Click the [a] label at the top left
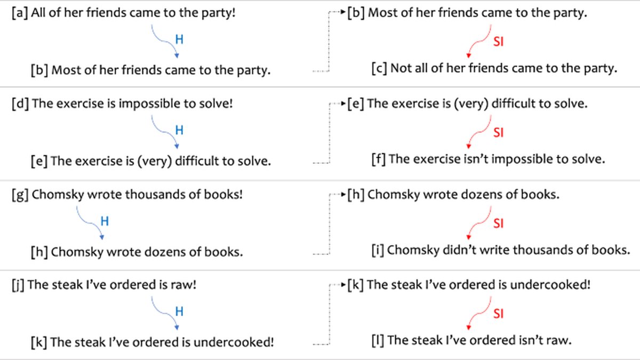point(20,13)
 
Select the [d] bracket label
point(20,103)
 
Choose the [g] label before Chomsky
point(20,195)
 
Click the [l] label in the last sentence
point(378,341)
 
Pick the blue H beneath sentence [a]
point(179,39)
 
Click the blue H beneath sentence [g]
point(105,221)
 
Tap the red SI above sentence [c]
point(498,42)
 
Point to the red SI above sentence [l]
point(498,314)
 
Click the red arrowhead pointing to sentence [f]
point(469,146)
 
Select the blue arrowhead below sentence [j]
point(177,327)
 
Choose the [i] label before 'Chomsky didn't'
point(378,250)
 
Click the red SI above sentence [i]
point(498,223)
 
